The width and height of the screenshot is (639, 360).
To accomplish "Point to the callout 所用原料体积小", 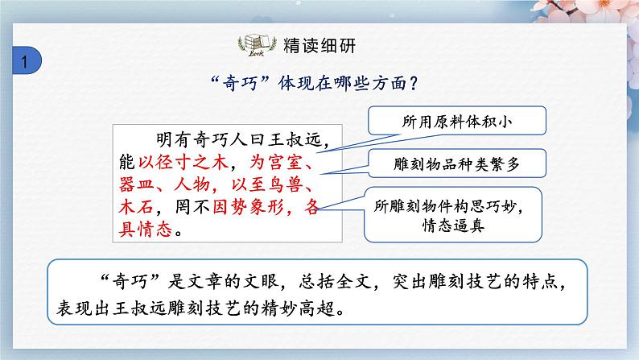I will [x=456, y=122].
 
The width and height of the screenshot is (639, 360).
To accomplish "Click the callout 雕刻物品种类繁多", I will [x=456, y=163].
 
